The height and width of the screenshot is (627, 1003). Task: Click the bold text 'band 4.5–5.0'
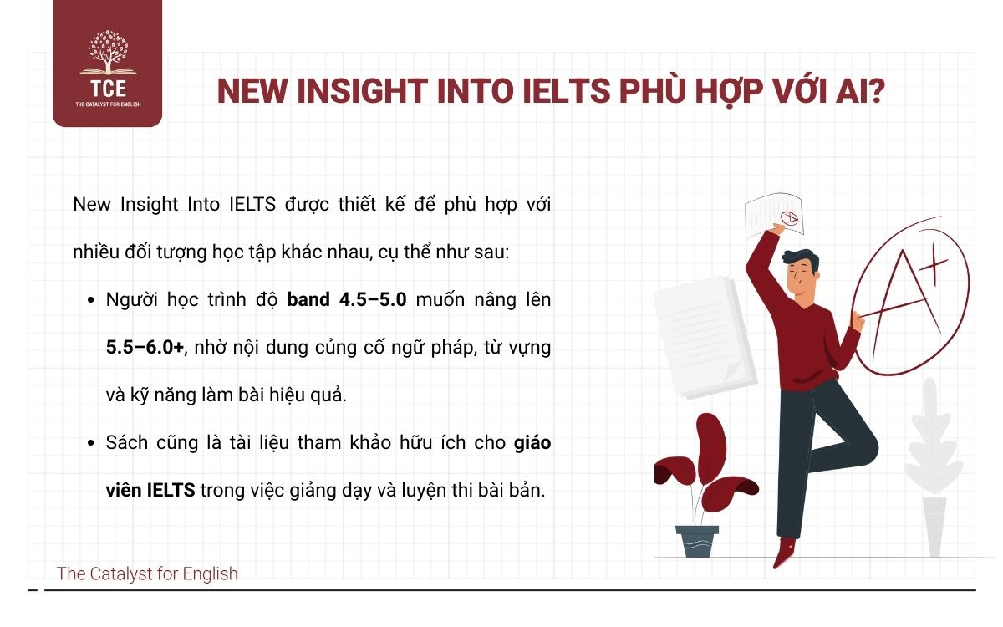coord(347,299)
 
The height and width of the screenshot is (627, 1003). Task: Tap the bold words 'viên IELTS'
coord(150,491)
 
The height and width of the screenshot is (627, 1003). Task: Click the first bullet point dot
coord(90,300)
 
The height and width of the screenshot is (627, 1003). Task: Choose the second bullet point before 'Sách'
coord(90,444)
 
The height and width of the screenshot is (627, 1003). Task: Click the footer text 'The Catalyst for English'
coord(147,573)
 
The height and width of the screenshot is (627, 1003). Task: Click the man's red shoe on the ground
coord(784,553)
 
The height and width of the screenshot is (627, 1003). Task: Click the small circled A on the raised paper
coord(788,219)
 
